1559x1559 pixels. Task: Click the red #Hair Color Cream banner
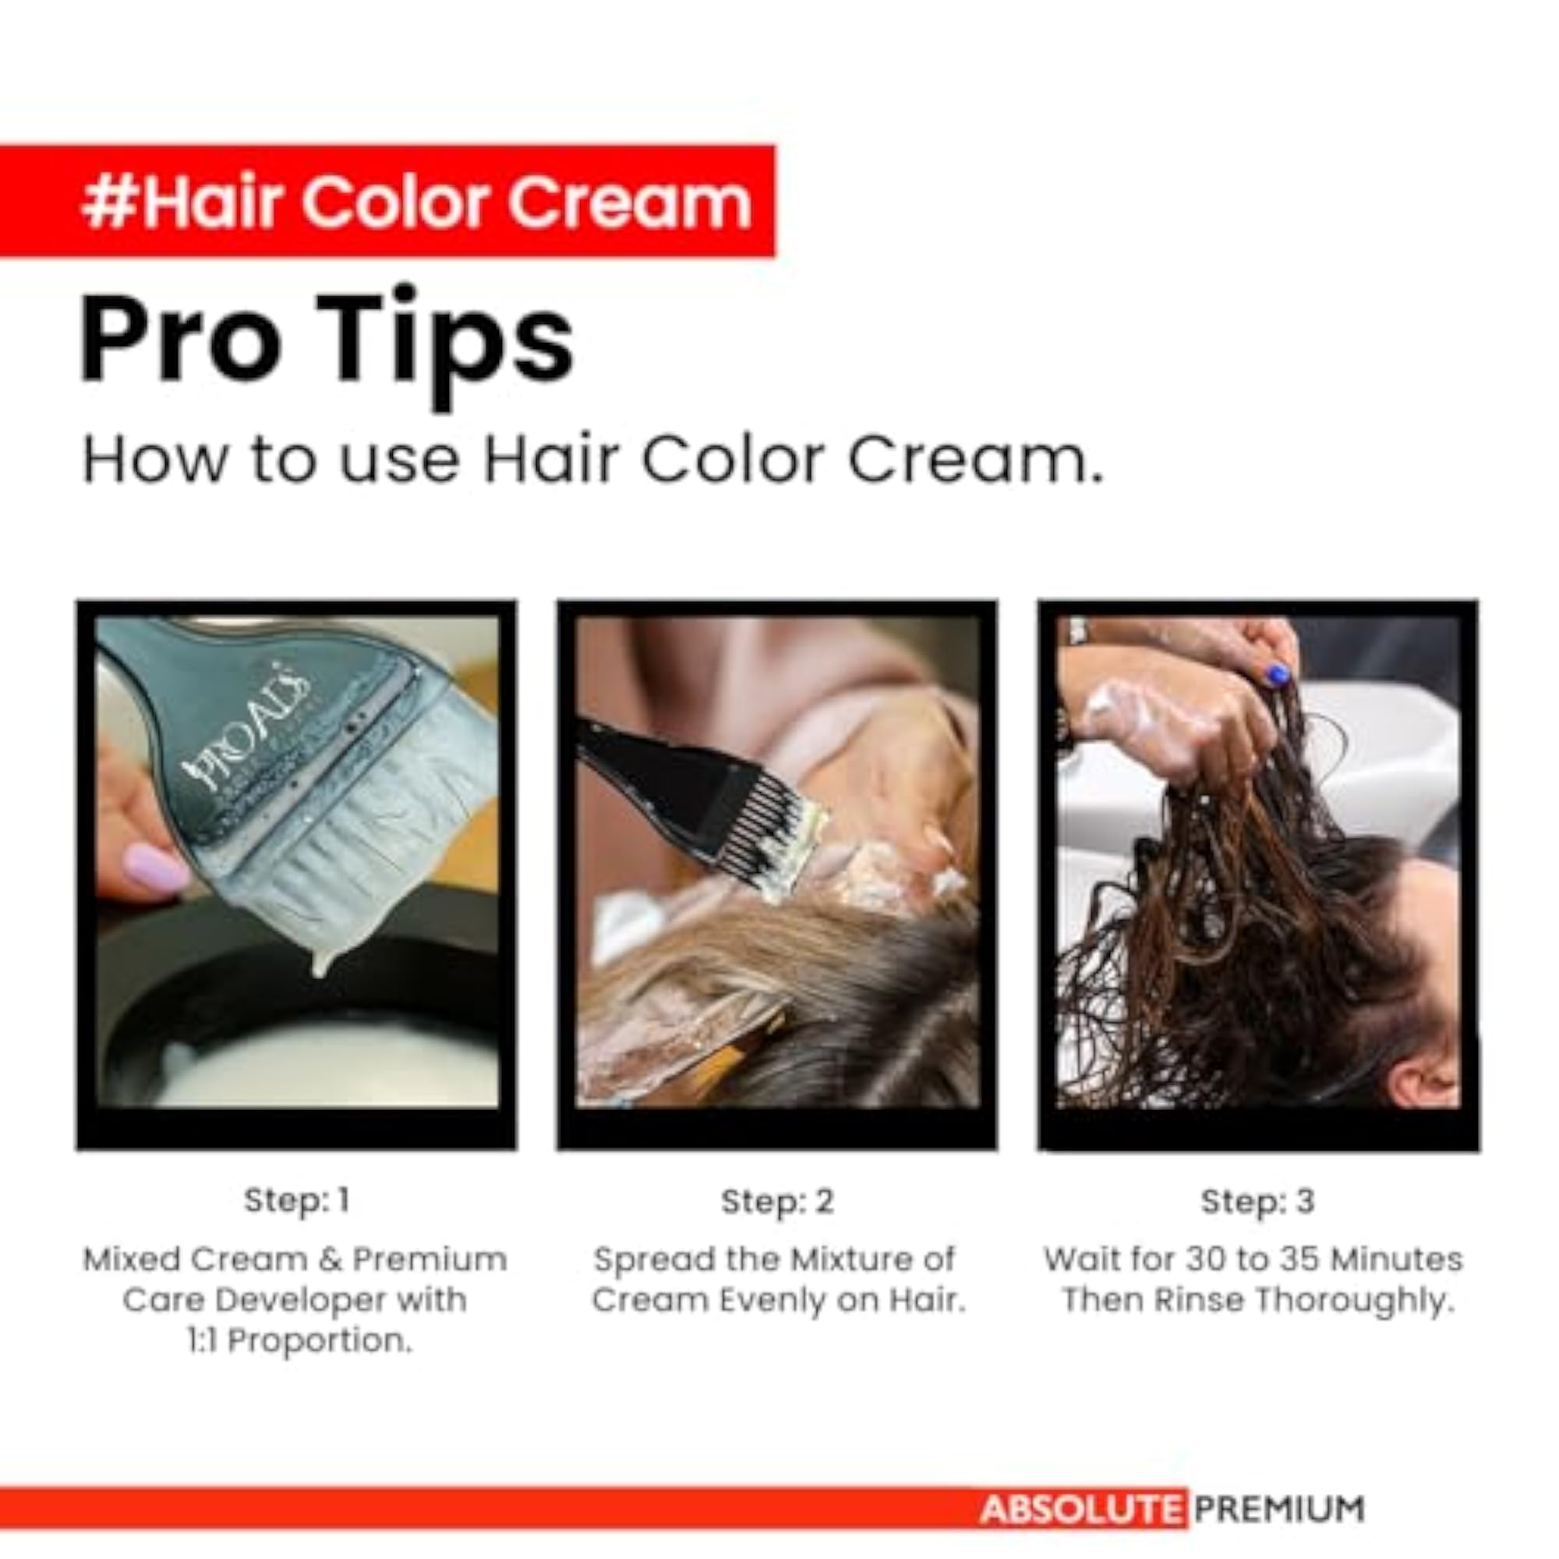pos(387,202)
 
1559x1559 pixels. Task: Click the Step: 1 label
pos(297,1200)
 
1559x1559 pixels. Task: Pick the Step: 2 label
pos(777,1201)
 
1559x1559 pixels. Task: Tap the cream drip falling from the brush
pos(320,960)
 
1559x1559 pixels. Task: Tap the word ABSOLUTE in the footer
pos(1082,1509)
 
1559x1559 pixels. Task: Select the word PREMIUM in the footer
pos(1280,1509)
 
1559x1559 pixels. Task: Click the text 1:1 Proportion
pos(299,1341)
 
